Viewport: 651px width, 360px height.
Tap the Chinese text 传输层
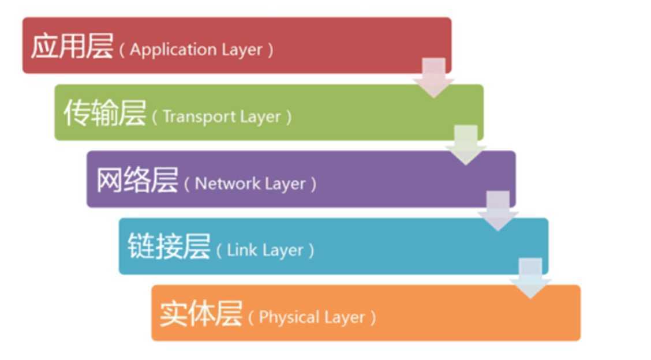(104, 114)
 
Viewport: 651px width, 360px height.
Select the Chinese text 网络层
(136, 181)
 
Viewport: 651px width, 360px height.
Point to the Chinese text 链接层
(169, 248)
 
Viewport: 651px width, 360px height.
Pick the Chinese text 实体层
(200, 315)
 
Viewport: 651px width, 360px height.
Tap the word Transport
(192, 117)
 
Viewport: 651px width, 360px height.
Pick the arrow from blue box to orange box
(530, 277)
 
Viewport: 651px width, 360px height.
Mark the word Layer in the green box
(260, 117)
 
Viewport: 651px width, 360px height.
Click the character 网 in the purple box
(108, 181)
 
